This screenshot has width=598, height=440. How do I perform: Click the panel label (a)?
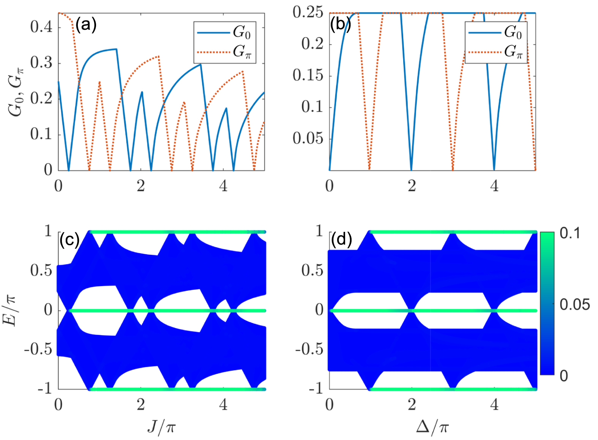[x=86, y=25]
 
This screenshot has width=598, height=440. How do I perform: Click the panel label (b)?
[x=340, y=25]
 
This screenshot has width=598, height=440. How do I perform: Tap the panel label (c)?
[x=69, y=240]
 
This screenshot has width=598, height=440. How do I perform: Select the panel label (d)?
[x=341, y=240]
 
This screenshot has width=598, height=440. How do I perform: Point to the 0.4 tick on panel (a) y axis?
[x=41, y=27]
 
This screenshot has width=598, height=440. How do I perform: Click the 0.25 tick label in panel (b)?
[x=308, y=12]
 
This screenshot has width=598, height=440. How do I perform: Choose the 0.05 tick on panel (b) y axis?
[x=308, y=138]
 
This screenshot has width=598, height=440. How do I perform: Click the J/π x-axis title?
[x=161, y=427]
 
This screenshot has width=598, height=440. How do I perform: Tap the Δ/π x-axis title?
[x=432, y=427]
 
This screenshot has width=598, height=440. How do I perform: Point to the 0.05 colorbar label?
[x=574, y=304]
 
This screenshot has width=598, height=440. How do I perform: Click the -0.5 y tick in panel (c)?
[x=38, y=349]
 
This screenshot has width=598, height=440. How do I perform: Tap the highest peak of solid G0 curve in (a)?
[x=116, y=49]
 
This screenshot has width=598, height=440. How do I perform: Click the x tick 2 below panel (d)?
[x=412, y=405]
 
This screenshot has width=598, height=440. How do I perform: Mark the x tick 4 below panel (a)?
[x=223, y=186]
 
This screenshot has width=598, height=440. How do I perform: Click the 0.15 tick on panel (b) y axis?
[x=308, y=75]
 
